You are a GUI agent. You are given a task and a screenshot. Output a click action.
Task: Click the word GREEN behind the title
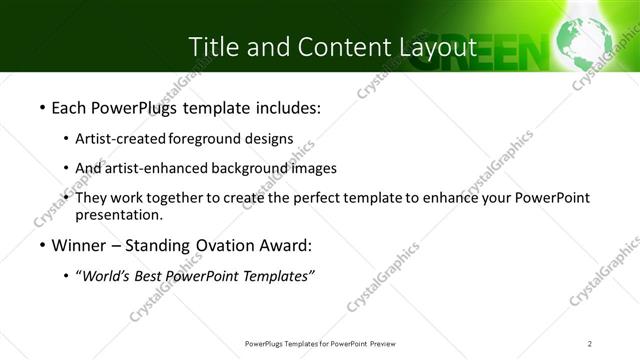tap(491, 48)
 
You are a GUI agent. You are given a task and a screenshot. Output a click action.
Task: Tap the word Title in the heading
tap(216, 46)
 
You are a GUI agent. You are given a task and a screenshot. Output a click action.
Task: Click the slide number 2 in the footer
tap(590, 343)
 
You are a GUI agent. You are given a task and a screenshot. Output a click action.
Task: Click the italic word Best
tap(154, 276)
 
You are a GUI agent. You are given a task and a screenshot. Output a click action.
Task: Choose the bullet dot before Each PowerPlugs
tap(41, 107)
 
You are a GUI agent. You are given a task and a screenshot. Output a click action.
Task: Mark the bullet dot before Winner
tap(41, 246)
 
